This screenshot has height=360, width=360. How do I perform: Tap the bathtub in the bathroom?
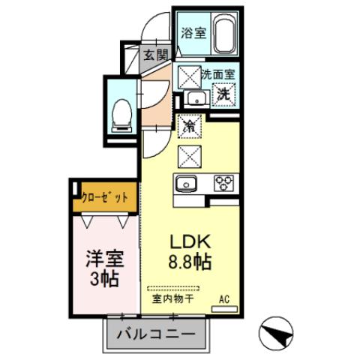pyautogui.click(x=223, y=34)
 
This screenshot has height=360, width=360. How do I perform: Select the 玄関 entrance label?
pyautogui.click(x=156, y=54)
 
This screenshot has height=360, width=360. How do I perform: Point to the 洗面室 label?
pyautogui.click(x=218, y=75)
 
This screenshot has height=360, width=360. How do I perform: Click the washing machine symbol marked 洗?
pyautogui.click(x=223, y=94)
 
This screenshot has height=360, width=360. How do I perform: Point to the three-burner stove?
pyautogui.click(x=223, y=182)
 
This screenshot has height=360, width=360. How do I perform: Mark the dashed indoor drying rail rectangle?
pyautogui.click(x=173, y=287)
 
